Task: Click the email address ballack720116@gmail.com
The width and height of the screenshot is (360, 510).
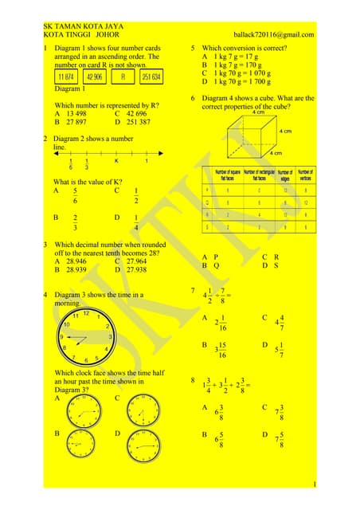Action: coord(273,35)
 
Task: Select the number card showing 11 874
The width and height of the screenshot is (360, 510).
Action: coord(67,77)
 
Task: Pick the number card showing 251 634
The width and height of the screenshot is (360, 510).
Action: coord(151,77)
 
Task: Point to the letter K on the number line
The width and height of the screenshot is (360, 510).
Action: coord(115,161)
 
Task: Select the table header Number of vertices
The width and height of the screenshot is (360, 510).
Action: coord(305,175)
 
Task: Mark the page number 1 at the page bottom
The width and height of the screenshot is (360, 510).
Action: coord(315,484)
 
